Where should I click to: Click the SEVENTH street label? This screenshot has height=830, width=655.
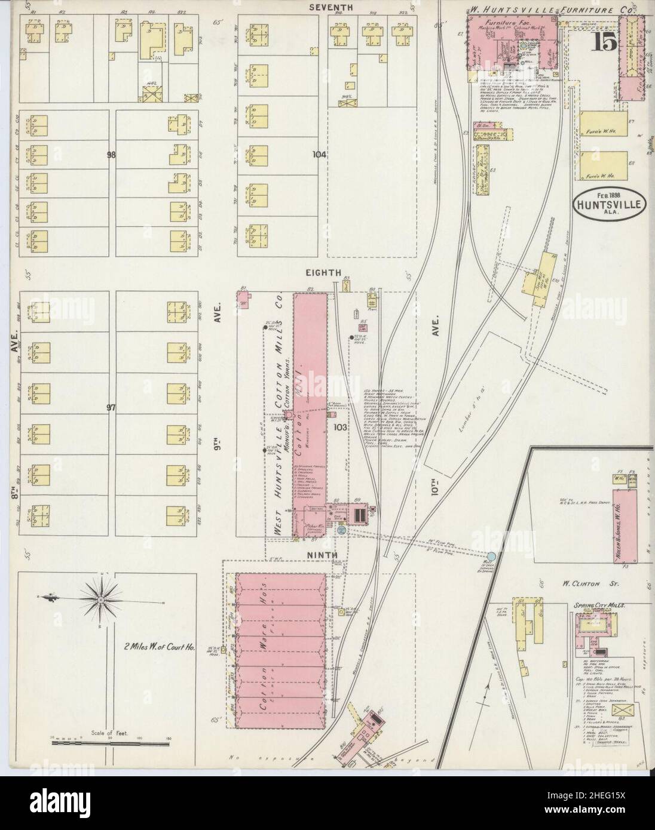[x=330, y=7]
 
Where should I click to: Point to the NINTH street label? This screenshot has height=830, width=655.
[x=322, y=555]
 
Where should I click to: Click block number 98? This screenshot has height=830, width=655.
[x=111, y=155]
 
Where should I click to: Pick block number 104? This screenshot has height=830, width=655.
[x=320, y=154]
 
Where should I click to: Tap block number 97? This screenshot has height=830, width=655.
[x=111, y=407]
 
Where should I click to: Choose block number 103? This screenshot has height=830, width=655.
[x=341, y=427]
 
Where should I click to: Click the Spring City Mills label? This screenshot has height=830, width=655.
[x=600, y=605]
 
